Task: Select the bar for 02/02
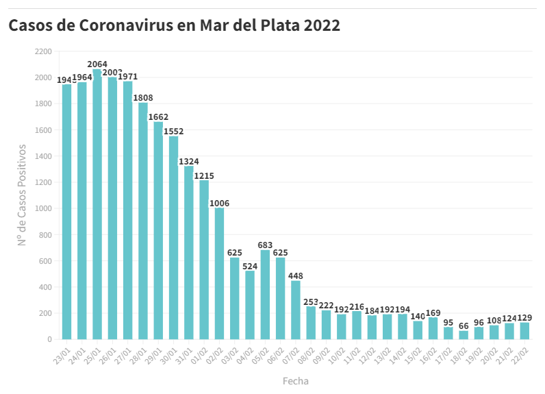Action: click(219, 273)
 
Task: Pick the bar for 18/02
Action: click(464, 334)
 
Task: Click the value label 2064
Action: click(97, 64)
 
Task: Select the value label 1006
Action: click(219, 202)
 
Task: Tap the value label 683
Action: click(265, 245)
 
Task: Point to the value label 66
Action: click(464, 325)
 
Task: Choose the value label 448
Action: click(296, 276)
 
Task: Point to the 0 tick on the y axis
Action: click(49, 339)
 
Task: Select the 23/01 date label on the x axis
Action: click(62, 352)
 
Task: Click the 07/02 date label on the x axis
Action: click(292, 352)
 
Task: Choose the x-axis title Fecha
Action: click(295, 380)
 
